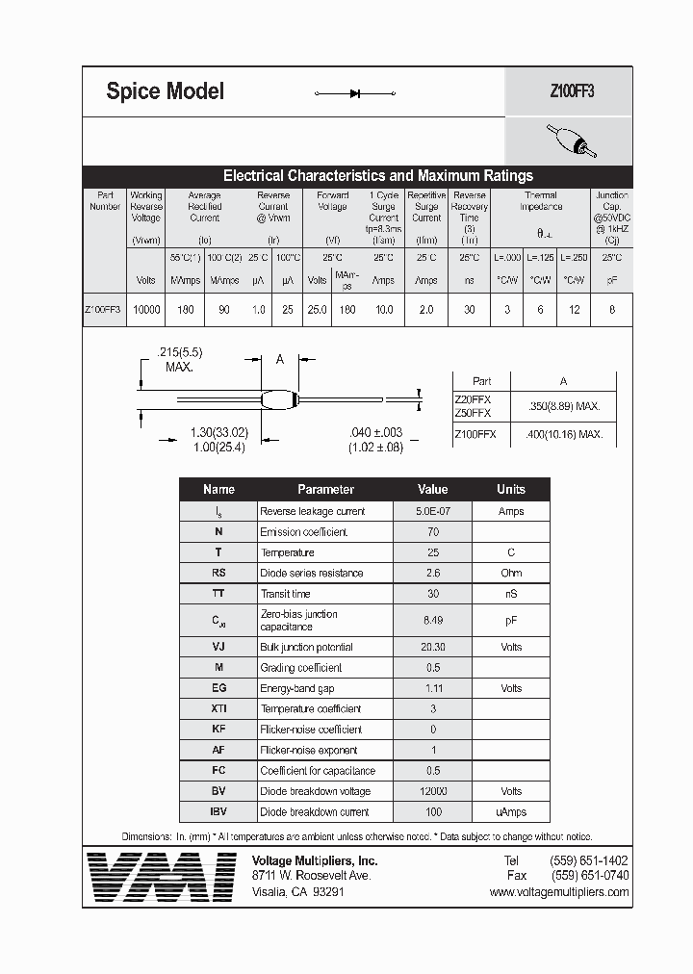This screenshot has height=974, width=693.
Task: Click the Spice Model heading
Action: [165, 91]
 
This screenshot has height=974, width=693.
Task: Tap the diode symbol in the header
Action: [355, 93]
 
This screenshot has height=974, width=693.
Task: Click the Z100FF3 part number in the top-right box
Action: [572, 92]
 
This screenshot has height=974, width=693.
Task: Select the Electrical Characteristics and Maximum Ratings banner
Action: [377, 176]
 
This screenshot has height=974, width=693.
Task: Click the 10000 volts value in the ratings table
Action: [146, 310]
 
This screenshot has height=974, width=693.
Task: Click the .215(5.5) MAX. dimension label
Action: [179, 360]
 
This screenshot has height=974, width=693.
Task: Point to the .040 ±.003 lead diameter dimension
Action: [375, 434]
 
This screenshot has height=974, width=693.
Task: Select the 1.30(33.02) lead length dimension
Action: [219, 433]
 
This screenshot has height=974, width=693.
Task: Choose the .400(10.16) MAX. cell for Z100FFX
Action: [564, 434]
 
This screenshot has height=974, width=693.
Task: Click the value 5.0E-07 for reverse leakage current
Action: [432, 511]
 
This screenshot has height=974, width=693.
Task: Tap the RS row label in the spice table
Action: [218, 573]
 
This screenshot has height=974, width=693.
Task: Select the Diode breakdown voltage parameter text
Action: [315, 791]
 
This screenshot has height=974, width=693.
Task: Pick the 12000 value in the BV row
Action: [432, 791]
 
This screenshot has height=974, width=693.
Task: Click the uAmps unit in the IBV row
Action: [510, 811]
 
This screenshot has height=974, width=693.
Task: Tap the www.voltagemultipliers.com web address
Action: [558, 892]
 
